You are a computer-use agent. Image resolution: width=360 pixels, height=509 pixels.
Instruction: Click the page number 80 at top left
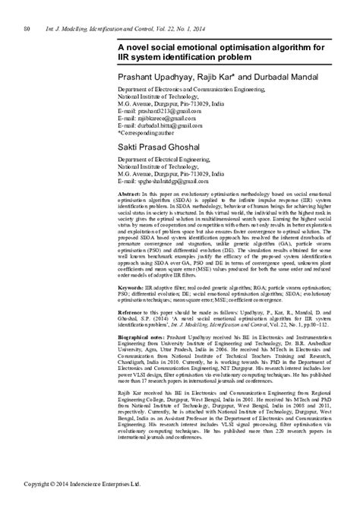click(x=27, y=30)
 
